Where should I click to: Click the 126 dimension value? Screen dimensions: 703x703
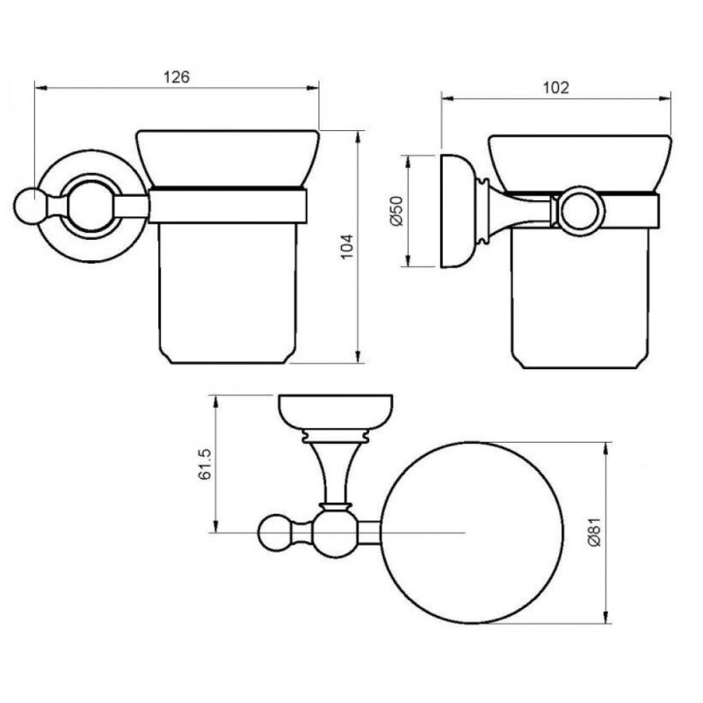click(x=177, y=77)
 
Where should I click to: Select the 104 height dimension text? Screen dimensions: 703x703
click(x=347, y=246)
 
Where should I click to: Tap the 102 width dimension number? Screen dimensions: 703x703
click(x=556, y=87)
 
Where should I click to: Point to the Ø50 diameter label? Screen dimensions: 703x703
click(x=398, y=211)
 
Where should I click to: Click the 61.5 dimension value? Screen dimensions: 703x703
click(x=205, y=464)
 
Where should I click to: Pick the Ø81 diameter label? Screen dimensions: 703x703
click(x=595, y=532)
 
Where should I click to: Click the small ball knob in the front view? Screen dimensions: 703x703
click(x=26, y=206)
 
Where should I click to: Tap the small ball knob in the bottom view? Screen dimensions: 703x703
click(x=274, y=533)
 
